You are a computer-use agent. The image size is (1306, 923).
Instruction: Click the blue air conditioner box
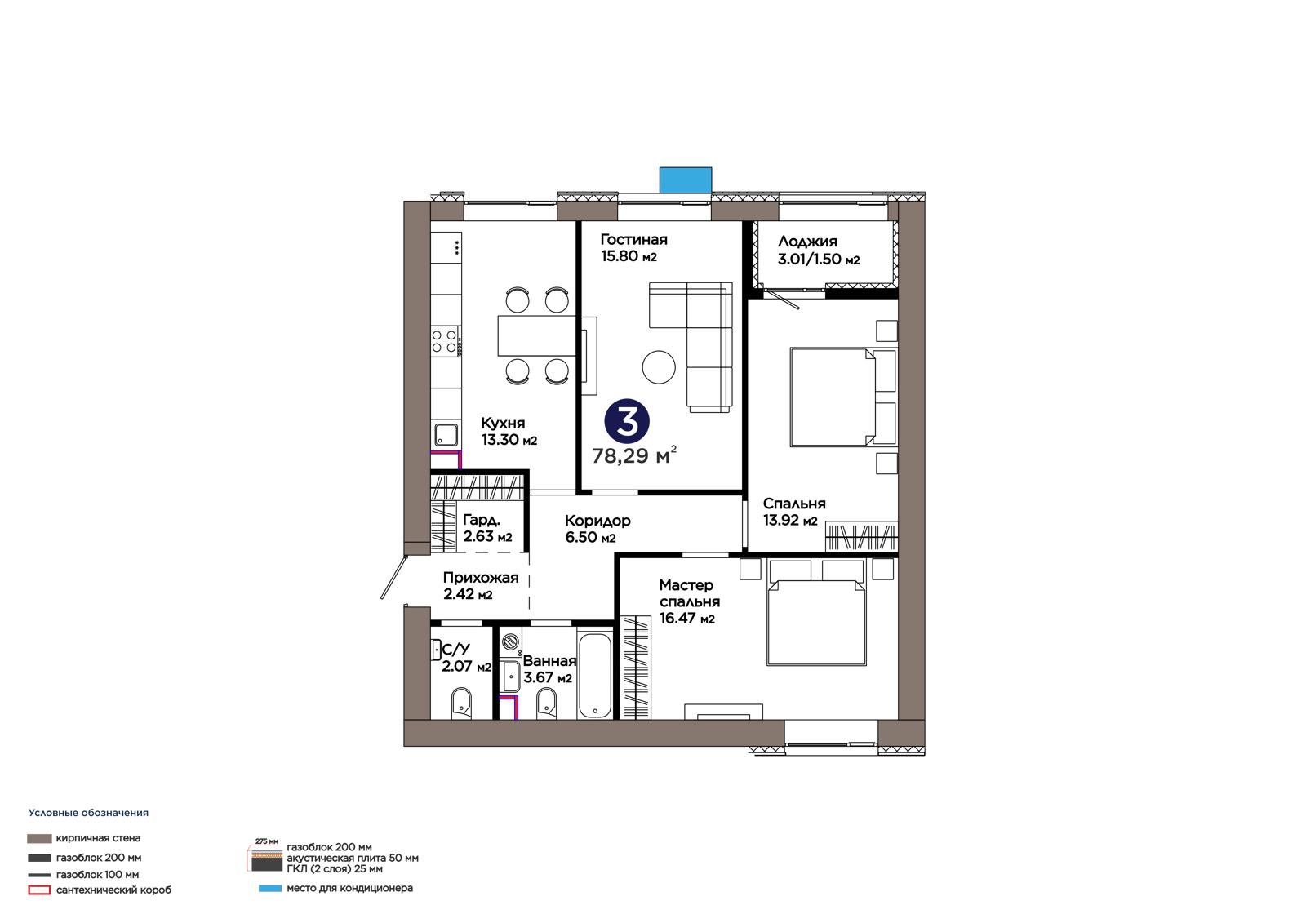[685, 180]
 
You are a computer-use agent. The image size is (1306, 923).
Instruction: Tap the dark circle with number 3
[627, 421]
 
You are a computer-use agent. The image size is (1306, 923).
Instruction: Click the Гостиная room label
[633, 240]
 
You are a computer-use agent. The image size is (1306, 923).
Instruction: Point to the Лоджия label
[807, 242]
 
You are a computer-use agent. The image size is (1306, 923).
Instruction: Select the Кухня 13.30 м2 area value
[509, 440]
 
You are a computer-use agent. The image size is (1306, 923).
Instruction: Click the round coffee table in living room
[659, 366]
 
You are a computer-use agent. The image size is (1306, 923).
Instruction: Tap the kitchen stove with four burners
[444, 341]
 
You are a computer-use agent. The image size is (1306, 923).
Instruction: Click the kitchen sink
[446, 435]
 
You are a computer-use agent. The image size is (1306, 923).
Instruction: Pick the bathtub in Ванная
[595, 676]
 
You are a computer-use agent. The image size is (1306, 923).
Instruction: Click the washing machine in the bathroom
[511, 641]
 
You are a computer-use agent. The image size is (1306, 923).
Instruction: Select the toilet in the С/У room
[461, 703]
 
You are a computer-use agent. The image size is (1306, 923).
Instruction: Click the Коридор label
[597, 520]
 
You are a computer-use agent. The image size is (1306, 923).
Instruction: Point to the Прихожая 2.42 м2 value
[468, 595]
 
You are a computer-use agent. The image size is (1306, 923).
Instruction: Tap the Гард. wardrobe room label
[481, 520]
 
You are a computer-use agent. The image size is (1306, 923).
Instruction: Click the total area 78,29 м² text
[634, 455]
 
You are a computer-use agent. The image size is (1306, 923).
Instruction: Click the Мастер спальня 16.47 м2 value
[686, 618]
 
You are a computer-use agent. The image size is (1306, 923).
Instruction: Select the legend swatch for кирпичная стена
[39, 838]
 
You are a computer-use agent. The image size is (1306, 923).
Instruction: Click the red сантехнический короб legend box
[39, 890]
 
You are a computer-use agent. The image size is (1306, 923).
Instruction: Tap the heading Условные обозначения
[89, 813]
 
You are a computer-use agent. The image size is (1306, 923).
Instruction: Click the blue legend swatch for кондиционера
[270, 889]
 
